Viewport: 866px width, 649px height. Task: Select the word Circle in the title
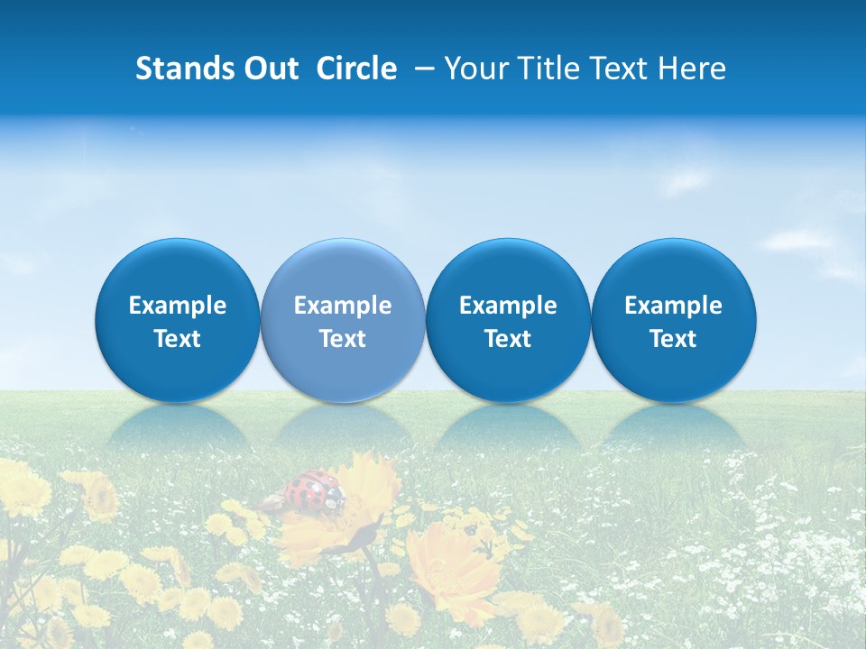[356, 69]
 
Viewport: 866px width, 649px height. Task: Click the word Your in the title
[473, 69]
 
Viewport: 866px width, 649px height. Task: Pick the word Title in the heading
[545, 69]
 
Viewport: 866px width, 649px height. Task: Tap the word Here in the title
[692, 69]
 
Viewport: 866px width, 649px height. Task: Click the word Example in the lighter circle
[343, 306]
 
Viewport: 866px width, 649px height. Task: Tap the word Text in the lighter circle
[343, 339]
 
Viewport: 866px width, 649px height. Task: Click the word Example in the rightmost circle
[674, 306]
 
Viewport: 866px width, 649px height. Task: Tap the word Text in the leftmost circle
[178, 339]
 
